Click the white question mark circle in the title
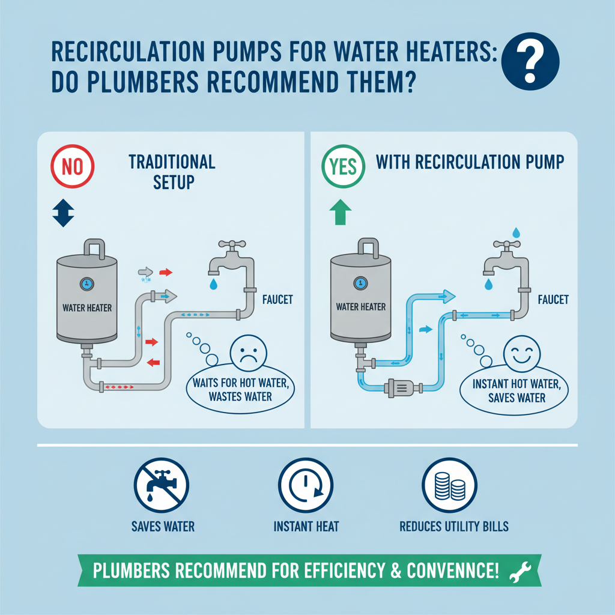point(529,61)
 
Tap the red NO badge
point(73,166)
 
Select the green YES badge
point(343,166)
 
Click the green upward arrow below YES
point(340,213)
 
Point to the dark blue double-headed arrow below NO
point(64,214)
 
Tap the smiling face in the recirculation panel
point(518,352)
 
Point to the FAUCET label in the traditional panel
point(277,298)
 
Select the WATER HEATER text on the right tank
point(360,307)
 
